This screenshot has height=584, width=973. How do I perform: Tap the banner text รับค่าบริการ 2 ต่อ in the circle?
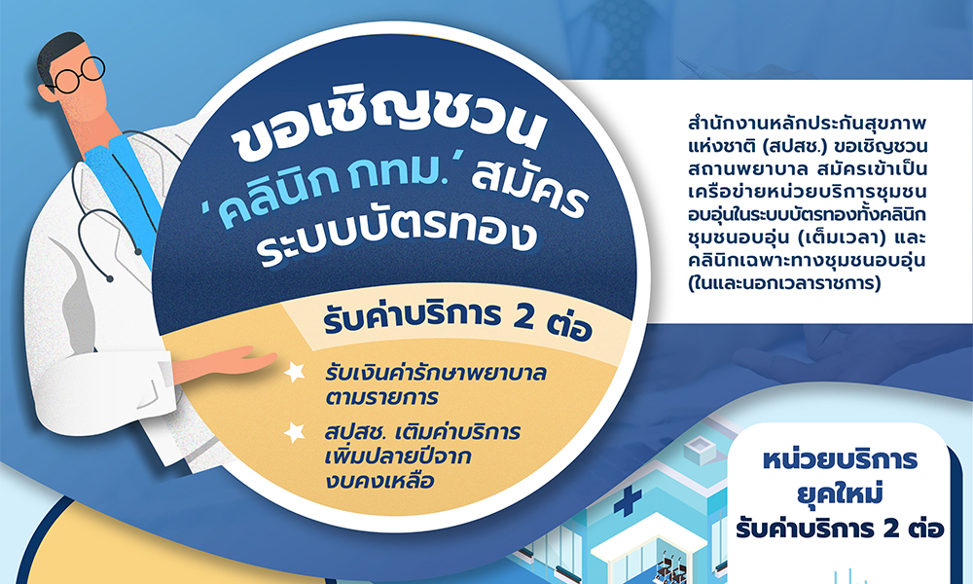pos(457,321)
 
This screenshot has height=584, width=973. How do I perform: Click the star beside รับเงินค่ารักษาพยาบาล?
pos(294,372)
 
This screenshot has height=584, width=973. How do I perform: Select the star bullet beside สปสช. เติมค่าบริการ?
pos(294,432)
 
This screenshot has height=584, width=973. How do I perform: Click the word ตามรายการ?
pos(381,397)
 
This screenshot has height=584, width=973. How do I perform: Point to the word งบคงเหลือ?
pos(379,481)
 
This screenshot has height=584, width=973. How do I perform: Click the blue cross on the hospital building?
pos(628,501)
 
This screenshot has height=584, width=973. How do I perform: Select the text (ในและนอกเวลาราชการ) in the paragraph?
pos(784,283)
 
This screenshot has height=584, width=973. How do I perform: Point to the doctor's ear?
pos(47,92)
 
